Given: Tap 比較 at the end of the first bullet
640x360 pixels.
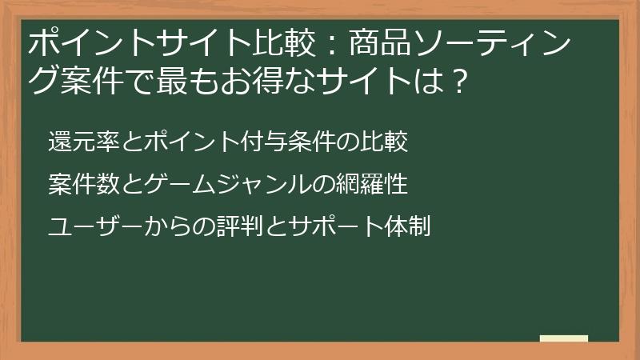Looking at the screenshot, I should click(x=386, y=143).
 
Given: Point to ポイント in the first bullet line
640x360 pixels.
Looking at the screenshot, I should click(x=191, y=143).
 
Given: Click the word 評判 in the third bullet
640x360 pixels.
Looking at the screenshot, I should click(x=239, y=226).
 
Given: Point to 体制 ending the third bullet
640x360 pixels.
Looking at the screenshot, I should click(x=407, y=226).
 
